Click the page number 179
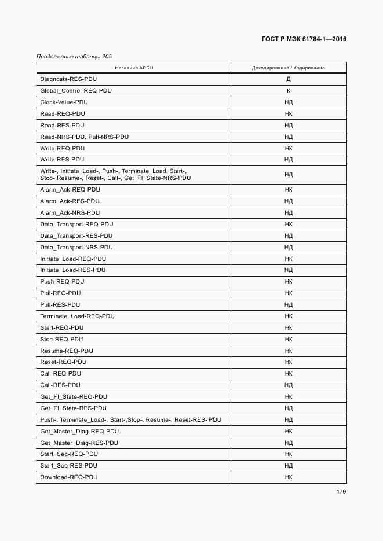coord(341,492)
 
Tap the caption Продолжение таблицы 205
coord(74,57)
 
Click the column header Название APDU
coord(134,68)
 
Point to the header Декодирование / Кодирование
coord(288,68)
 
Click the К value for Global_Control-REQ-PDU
coord(289,91)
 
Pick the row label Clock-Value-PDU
coord(64,102)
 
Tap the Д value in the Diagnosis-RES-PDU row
coord(289,79)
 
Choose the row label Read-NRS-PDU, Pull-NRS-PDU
coord(85,137)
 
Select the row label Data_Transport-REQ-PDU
coord(76,224)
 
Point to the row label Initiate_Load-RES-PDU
coord(73,270)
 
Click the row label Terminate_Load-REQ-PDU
coord(77,316)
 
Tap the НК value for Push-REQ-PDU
coord(289,282)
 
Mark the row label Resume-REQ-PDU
coord(67,351)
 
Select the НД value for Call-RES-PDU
coord(289,385)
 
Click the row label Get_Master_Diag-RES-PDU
coord(79,443)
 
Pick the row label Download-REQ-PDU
coord(69,477)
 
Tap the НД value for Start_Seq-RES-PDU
coord(289,466)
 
